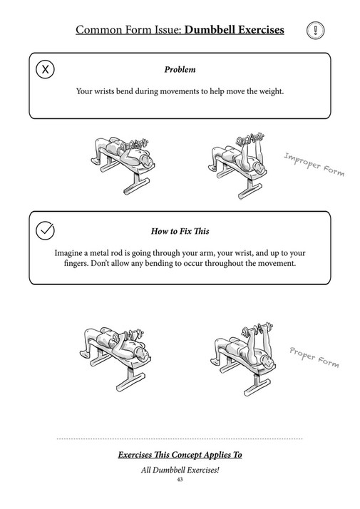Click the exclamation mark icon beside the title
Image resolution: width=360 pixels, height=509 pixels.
point(316,30)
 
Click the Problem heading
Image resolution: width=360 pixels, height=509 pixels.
point(180,70)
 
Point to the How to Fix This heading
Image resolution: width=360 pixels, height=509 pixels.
point(180,232)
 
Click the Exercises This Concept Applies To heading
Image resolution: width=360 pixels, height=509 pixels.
point(180,455)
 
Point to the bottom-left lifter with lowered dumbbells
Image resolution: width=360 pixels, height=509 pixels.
point(114,349)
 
